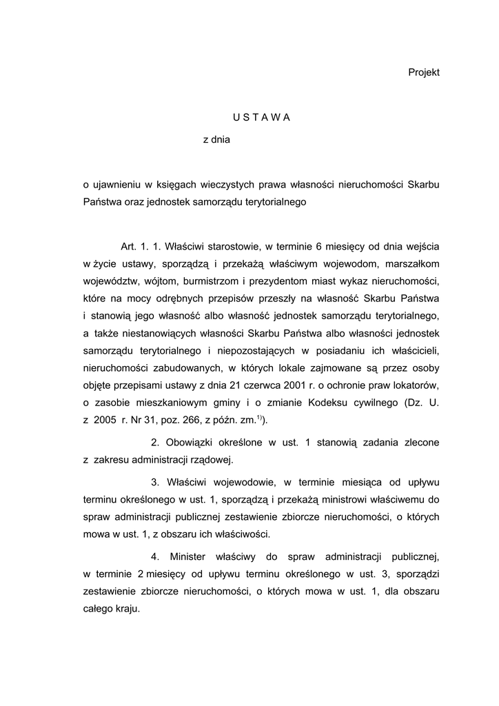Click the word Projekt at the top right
pyautogui.click(x=424, y=72)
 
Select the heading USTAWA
pyautogui.click(x=261, y=117)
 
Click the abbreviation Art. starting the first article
pyautogui.click(x=130, y=246)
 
